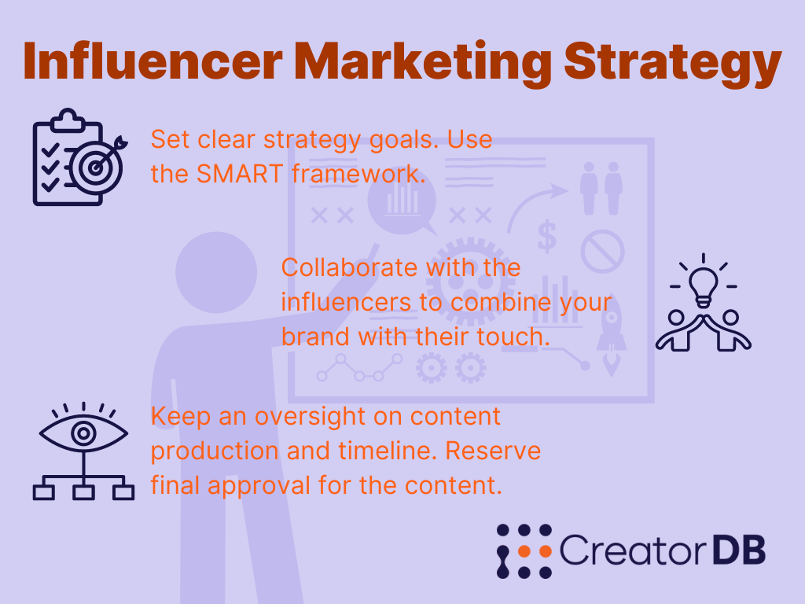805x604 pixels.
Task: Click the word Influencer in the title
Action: pyautogui.click(x=153, y=61)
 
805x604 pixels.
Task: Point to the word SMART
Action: pyautogui.click(x=239, y=174)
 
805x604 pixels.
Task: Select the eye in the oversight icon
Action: pyautogui.click(x=83, y=433)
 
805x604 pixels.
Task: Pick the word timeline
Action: pyautogui.click(x=387, y=451)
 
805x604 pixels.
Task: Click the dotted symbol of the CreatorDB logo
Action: pyautogui.click(x=524, y=551)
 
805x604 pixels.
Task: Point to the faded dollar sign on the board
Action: pyautogui.click(x=547, y=236)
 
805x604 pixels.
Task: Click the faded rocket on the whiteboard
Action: pyautogui.click(x=611, y=337)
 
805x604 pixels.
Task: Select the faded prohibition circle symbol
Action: pyautogui.click(x=602, y=251)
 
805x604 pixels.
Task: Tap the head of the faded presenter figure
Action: pyautogui.click(x=216, y=272)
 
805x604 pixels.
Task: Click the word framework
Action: pyautogui.click(x=358, y=174)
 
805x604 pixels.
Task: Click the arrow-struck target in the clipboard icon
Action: pyautogui.click(x=97, y=166)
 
